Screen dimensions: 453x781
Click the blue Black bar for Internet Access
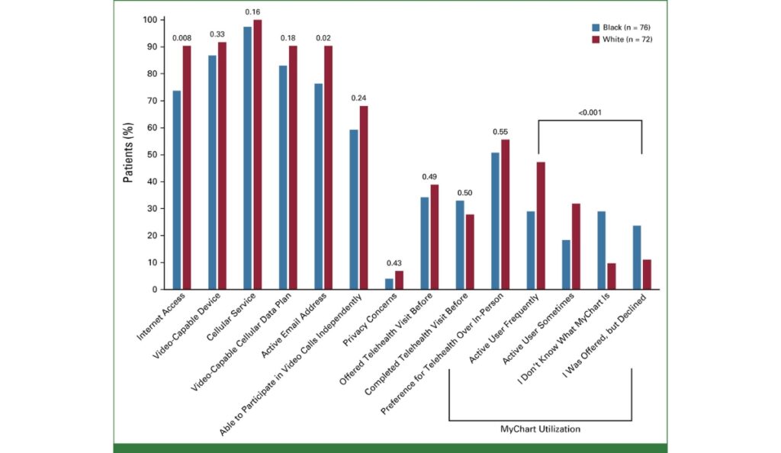coord(177,190)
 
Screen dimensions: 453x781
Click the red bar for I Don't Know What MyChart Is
coord(612,276)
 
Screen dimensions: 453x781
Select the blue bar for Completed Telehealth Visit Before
coord(460,245)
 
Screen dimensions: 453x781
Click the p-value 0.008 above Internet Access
coord(181,37)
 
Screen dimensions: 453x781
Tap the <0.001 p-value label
coord(590,113)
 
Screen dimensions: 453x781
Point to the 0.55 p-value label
coord(500,131)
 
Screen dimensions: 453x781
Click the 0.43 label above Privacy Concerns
coord(394,263)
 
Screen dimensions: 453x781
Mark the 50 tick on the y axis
coord(152,155)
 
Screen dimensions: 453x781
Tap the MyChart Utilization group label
coord(540,429)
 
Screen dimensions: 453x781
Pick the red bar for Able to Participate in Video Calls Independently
coord(364,198)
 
